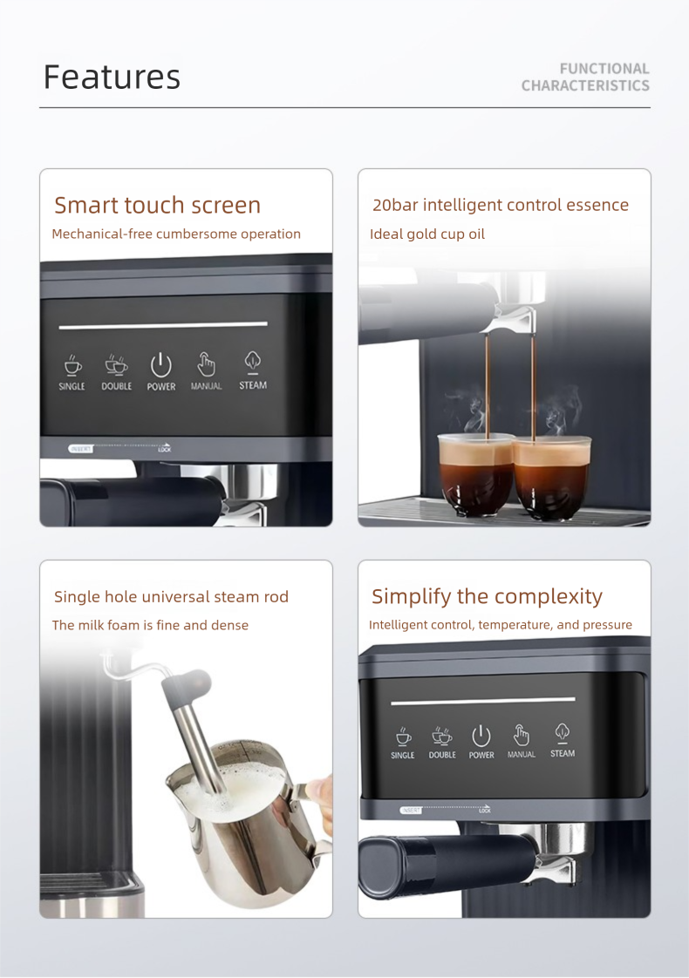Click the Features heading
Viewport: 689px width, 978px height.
click(x=112, y=77)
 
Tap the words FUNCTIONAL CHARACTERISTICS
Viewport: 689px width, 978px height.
click(x=585, y=77)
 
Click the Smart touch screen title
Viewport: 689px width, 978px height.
click(x=157, y=205)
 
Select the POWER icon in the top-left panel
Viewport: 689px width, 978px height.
click(x=161, y=364)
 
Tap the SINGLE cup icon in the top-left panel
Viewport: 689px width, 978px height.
click(x=72, y=364)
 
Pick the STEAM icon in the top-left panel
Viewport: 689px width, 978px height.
click(x=253, y=363)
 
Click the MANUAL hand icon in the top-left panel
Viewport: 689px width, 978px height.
click(x=207, y=363)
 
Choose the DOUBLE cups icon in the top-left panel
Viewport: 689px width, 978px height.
click(x=116, y=364)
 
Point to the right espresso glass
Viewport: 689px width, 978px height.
click(x=551, y=476)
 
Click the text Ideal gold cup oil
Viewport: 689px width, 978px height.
click(x=427, y=234)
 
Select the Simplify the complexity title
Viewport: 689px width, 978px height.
click(x=487, y=596)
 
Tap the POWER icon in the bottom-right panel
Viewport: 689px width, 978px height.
click(x=481, y=736)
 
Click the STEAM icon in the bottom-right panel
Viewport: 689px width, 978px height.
click(x=563, y=734)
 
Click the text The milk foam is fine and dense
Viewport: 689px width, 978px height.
click(x=150, y=625)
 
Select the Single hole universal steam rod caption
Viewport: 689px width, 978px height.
click(x=171, y=596)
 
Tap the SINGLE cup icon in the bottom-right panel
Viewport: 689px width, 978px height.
click(x=403, y=737)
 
